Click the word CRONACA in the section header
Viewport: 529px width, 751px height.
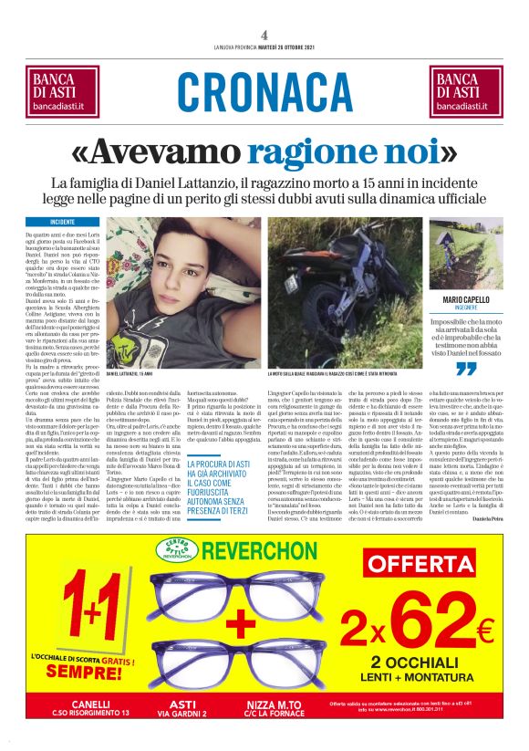pyautogui.click(x=264, y=91)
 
